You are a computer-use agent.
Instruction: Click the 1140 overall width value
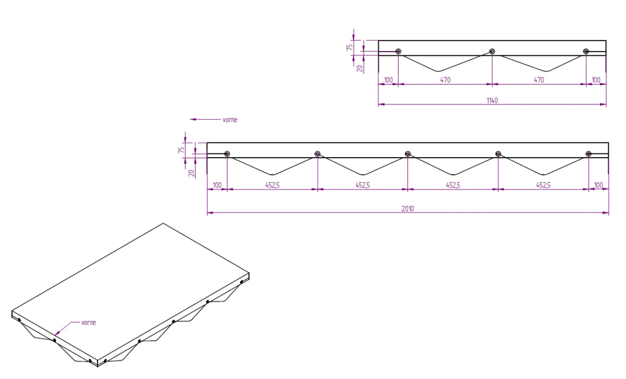pos(492,100)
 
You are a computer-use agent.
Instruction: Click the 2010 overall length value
pos(408,209)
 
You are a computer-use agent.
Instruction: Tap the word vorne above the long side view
pos(230,120)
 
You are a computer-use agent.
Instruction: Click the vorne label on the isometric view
pos(89,323)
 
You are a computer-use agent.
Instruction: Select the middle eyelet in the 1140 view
pos(492,51)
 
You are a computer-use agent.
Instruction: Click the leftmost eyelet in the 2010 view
pos(227,154)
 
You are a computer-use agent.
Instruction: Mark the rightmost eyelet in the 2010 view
pos(588,154)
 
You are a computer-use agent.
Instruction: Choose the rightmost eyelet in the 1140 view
pos(586,51)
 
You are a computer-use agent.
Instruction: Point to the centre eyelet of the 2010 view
pos(408,154)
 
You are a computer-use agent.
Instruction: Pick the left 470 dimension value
pos(445,80)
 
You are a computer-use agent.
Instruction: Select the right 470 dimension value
pos(539,80)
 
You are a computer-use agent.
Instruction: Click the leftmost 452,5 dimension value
pos(272,185)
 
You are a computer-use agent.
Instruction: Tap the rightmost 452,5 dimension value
pos(543,185)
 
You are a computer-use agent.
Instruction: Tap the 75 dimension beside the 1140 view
pos(350,48)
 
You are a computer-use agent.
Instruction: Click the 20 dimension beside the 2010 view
pos(191,173)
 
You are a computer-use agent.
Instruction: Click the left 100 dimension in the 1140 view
pos(389,80)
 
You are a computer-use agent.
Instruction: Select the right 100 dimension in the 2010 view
pos(598,185)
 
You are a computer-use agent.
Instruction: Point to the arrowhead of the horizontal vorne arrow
pos(190,120)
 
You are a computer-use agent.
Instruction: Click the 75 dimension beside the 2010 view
pos(182,150)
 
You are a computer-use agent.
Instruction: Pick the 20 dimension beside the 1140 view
pos(360,68)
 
